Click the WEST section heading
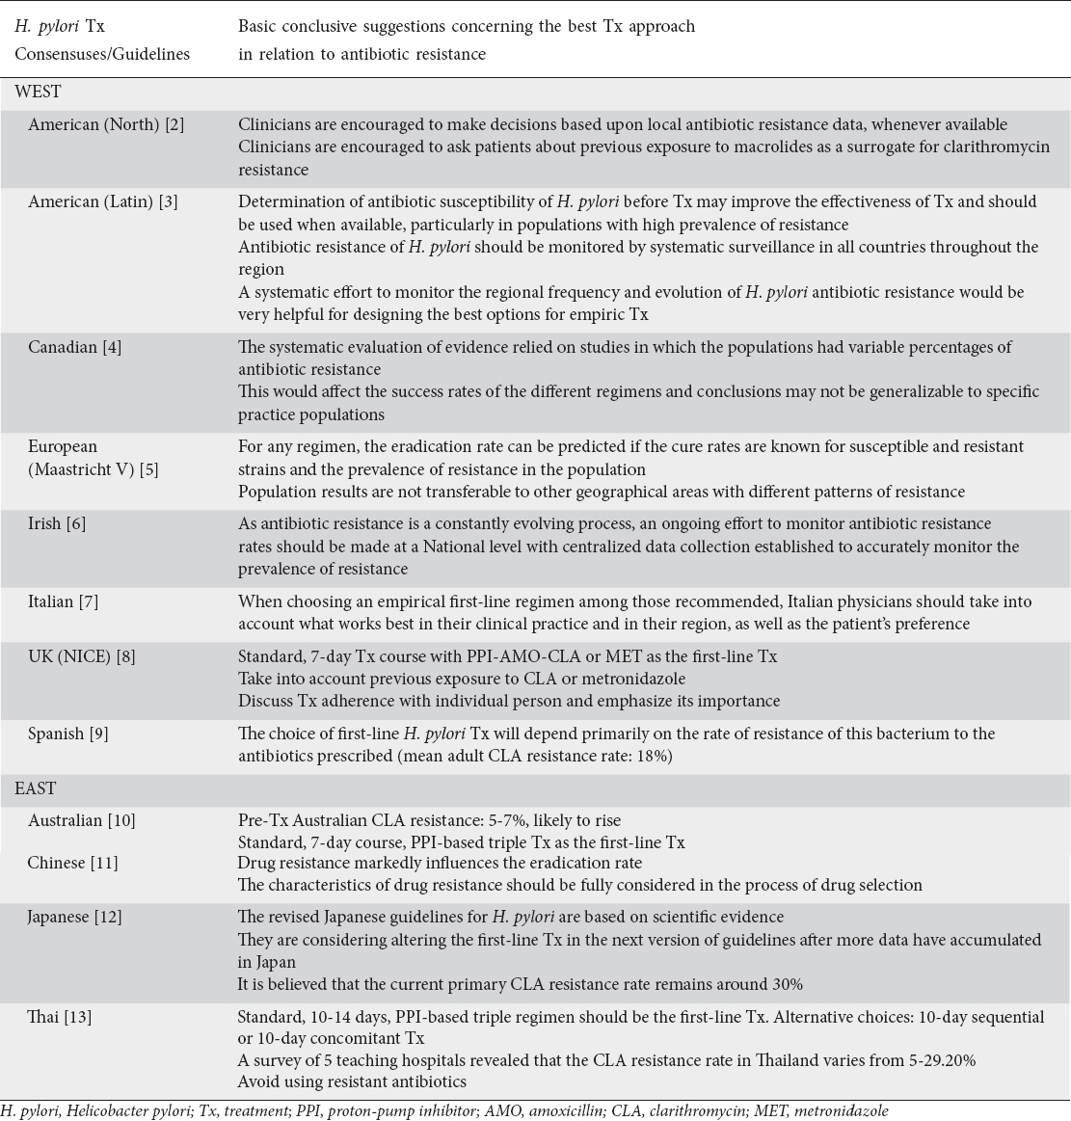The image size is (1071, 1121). pyautogui.click(x=38, y=93)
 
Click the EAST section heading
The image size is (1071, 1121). pyautogui.click(x=36, y=788)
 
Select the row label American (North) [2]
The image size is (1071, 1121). pyautogui.click(x=106, y=124)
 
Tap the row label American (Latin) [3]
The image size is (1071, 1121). pyautogui.click(x=103, y=201)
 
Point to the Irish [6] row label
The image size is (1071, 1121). pyautogui.click(x=57, y=523)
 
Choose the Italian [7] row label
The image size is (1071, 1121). pyautogui.click(x=64, y=601)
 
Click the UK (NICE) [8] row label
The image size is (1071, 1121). pyautogui.click(x=82, y=656)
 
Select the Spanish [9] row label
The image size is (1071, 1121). pyautogui.click(x=67, y=734)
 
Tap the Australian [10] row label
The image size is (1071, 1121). pyautogui.click(x=82, y=820)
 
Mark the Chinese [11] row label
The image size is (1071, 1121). pyautogui.click(x=72, y=863)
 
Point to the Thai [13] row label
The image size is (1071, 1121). pyautogui.click(x=60, y=1016)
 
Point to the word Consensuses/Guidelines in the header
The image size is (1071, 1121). pyautogui.click(x=102, y=54)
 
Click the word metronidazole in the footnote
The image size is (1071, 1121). pyautogui.click(x=844, y=1110)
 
